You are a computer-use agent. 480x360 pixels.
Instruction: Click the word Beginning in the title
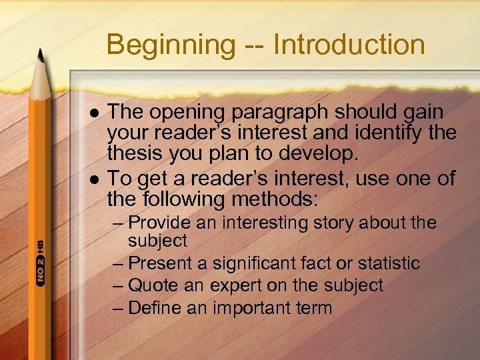170,45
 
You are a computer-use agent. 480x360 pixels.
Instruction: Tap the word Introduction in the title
349,45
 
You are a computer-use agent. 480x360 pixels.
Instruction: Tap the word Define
154,307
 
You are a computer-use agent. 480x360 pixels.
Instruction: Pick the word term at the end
313,307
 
